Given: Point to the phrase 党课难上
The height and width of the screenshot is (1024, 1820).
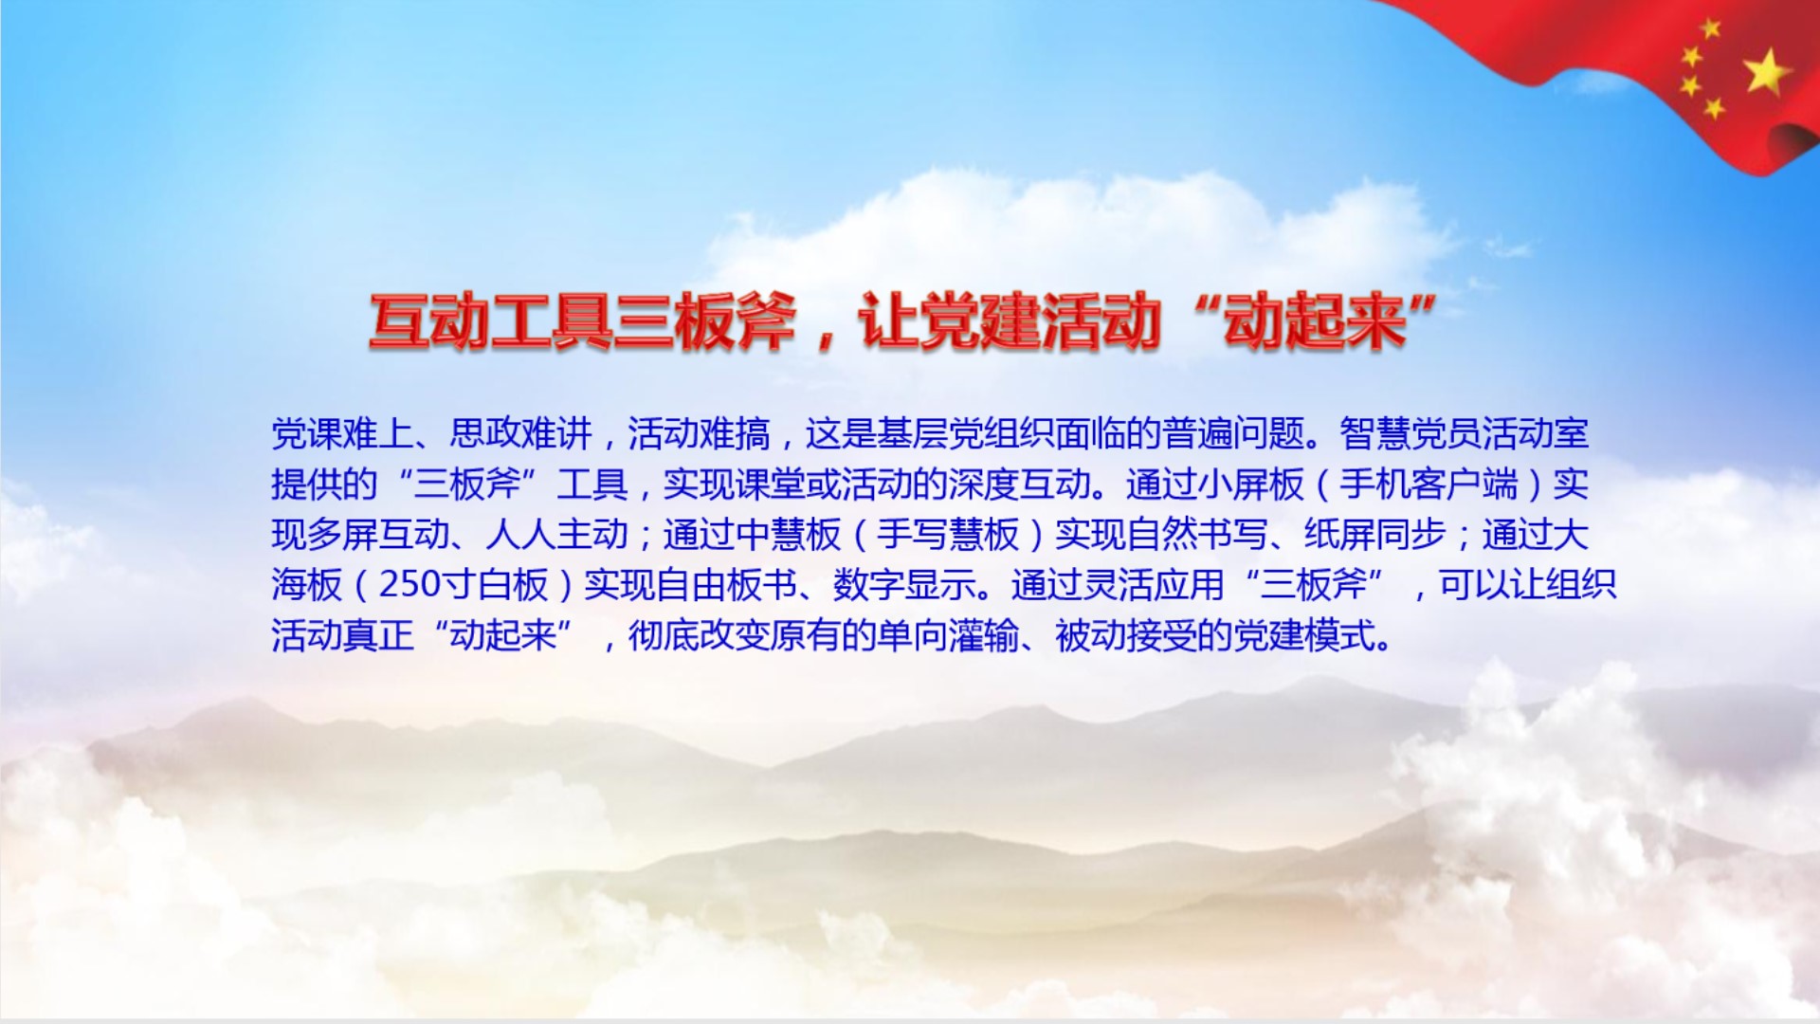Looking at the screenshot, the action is click(342, 434).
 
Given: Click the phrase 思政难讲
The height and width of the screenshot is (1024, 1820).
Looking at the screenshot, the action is click(520, 434).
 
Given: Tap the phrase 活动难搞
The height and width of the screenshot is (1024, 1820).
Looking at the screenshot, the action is click(699, 434).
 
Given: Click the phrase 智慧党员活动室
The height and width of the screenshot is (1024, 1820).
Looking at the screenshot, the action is click(1465, 434).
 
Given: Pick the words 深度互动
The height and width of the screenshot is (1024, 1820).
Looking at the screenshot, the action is click(1019, 485).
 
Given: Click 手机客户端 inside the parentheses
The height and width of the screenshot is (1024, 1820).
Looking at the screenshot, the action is click(1429, 485).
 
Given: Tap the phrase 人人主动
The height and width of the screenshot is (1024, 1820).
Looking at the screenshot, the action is click(556, 535).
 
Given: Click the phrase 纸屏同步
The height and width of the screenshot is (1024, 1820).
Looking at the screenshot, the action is click(1375, 535).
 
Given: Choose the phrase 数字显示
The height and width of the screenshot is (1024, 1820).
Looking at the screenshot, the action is click(904, 585).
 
